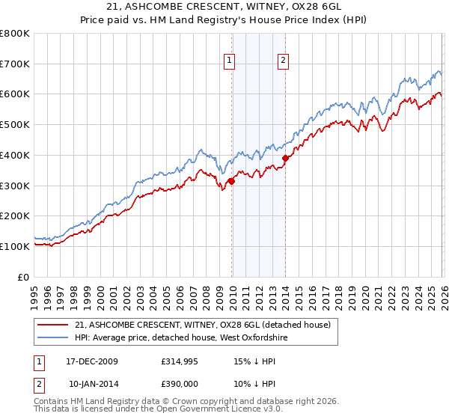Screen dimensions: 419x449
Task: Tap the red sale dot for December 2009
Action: [x=231, y=180]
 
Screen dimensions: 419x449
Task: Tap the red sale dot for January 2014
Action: [x=285, y=158]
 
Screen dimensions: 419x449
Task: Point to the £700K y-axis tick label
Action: [x=15, y=64]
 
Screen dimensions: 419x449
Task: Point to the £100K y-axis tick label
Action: [x=15, y=246]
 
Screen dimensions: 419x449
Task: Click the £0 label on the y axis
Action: [x=24, y=277]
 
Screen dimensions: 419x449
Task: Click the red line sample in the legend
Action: [x=53, y=325]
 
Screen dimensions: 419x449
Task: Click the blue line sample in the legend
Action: [x=53, y=338]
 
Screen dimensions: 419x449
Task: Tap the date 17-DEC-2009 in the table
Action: [x=94, y=362]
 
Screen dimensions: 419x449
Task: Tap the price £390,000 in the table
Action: [x=181, y=383]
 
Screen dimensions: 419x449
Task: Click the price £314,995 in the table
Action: [x=181, y=362]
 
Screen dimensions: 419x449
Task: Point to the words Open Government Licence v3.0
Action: [x=221, y=410]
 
